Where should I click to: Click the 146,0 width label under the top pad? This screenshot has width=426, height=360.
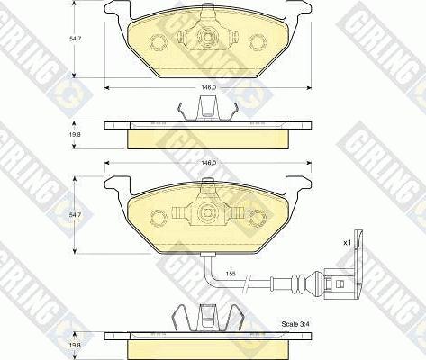tap(206, 87)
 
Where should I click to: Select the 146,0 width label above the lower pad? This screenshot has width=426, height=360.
tap(206, 164)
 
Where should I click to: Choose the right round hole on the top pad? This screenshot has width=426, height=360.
tap(258, 42)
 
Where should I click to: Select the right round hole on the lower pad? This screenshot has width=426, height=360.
tap(258, 213)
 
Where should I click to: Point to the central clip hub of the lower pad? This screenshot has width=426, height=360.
tap(206, 212)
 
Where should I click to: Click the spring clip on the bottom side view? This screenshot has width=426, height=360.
tap(206, 317)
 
